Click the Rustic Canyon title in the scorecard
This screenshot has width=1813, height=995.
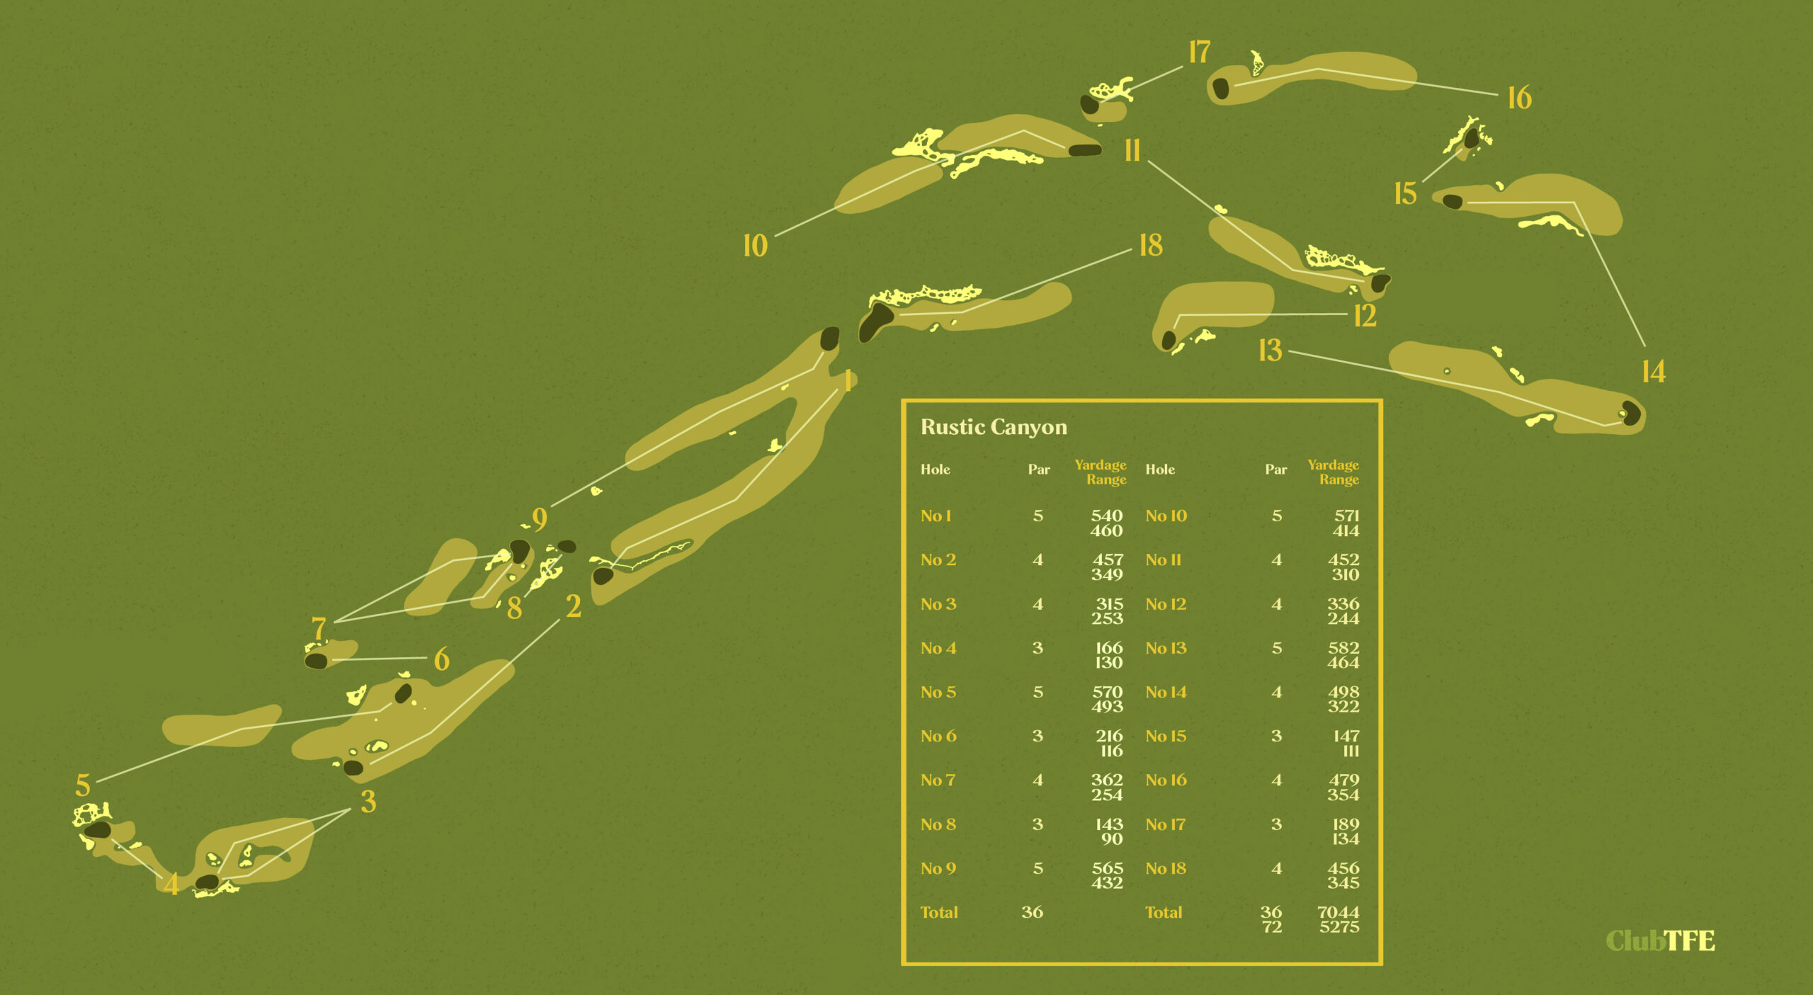click(x=993, y=427)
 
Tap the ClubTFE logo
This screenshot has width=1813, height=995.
click(x=1659, y=940)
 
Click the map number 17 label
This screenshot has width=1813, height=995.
click(x=1199, y=52)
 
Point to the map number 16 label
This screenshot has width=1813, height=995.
click(x=1519, y=98)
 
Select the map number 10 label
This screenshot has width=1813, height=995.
click(x=755, y=246)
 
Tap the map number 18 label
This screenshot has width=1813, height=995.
click(x=1151, y=246)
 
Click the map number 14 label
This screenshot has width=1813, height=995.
click(x=1653, y=372)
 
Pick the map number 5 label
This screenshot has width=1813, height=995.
click(x=83, y=785)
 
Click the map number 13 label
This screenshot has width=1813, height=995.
click(x=1270, y=351)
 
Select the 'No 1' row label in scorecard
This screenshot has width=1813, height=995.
click(x=935, y=516)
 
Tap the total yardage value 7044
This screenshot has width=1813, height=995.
click(x=1338, y=912)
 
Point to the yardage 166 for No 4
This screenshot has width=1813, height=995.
click(x=1108, y=648)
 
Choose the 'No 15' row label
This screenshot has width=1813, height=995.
click(x=1165, y=737)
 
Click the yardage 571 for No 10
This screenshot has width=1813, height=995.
click(x=1346, y=516)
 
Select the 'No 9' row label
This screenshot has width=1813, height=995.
click(x=938, y=868)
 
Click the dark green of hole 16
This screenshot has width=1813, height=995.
click(x=1220, y=89)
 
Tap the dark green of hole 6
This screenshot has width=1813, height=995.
click(x=316, y=661)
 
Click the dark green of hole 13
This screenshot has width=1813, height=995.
click(x=1631, y=413)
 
